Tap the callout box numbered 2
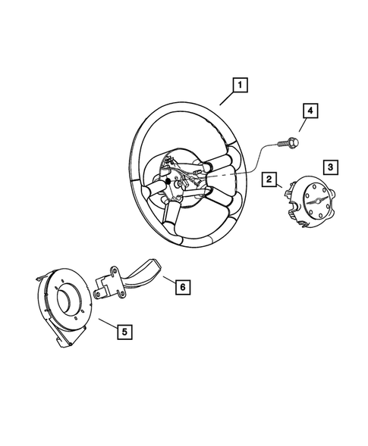(268, 179)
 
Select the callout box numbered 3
(329, 166)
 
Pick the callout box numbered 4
(309, 112)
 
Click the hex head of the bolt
(293, 141)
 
